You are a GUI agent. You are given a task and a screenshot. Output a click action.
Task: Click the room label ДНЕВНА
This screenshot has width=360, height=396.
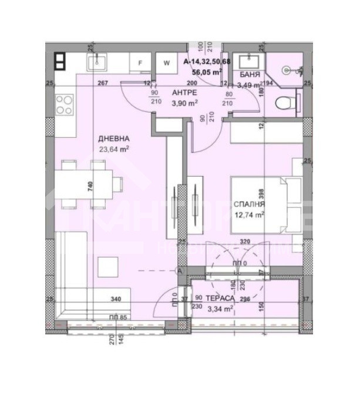(114, 138)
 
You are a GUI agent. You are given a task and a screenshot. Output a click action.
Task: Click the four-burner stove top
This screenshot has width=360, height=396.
(64, 104)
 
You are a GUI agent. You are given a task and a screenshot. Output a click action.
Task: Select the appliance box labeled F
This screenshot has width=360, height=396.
(140, 62)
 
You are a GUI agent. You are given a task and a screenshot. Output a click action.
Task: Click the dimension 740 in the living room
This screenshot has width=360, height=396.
(90, 187)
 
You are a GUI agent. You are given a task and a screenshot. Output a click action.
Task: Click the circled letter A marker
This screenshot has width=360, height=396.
(180, 270)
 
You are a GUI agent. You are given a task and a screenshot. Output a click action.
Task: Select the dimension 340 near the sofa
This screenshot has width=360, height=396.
(116, 299)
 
